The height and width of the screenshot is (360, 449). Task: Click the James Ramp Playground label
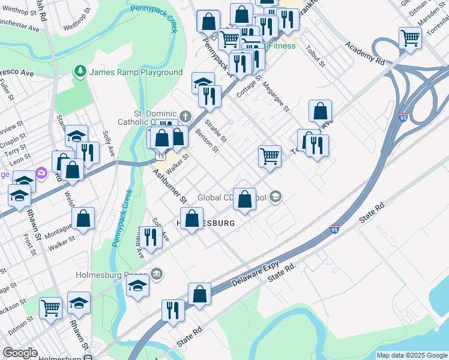tap(136, 72)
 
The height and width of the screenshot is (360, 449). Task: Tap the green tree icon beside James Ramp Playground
tap(80, 72)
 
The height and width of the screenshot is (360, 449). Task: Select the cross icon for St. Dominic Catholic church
tap(185, 116)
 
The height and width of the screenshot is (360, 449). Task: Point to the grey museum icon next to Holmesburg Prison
tap(157, 274)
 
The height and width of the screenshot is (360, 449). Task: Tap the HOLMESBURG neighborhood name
tap(207, 223)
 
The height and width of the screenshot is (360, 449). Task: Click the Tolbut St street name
tap(315, 55)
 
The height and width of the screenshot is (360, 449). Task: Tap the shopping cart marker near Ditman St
tap(51, 307)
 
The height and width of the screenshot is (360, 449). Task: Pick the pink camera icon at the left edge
tap(41, 173)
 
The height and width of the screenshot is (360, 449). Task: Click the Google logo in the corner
tap(20, 353)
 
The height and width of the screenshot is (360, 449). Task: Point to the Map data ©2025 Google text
tap(412, 355)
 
